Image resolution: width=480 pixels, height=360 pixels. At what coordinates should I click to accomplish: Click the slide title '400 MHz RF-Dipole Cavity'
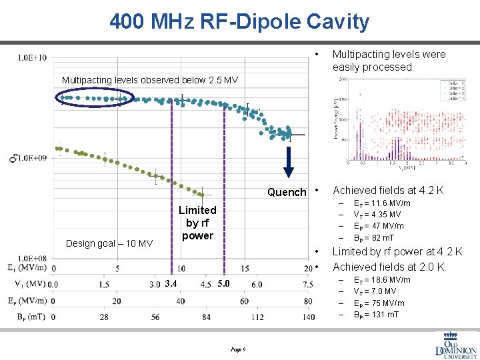coord(239,22)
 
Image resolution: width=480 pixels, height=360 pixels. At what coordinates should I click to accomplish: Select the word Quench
coord(287,192)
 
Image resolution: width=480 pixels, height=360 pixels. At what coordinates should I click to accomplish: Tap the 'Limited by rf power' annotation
coord(197,223)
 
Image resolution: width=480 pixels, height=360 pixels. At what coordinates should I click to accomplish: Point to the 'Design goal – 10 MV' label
coord(109,243)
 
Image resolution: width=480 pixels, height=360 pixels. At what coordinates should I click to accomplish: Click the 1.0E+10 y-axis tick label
coord(32,57)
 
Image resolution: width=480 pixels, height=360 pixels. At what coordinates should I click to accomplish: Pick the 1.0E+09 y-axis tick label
coord(32,158)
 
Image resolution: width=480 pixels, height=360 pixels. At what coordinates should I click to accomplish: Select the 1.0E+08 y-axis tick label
coord(32,258)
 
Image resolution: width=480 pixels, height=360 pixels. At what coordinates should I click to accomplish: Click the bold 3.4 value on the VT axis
coord(171,285)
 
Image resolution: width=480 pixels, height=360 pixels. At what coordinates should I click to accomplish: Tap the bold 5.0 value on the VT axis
coord(224,285)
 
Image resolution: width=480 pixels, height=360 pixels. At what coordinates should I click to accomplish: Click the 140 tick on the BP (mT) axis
coord(308,317)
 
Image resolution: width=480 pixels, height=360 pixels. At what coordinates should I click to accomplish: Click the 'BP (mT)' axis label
coord(27,317)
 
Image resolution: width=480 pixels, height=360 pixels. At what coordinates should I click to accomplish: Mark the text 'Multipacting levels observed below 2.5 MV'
coord(149,80)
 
